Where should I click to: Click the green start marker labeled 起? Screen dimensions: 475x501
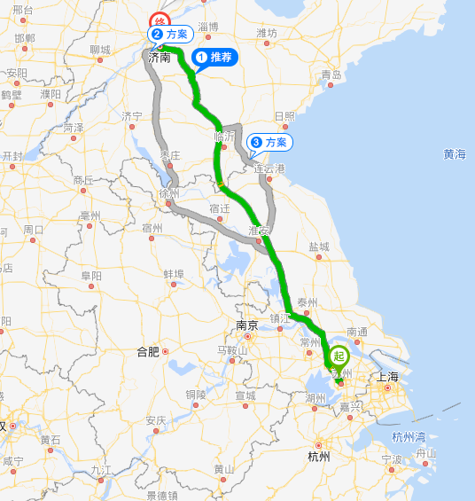coord(338,356)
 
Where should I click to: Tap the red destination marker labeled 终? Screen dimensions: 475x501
coord(160,21)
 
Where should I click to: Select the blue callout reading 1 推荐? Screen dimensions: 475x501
coord(215,58)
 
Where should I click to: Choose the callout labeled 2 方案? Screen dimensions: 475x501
coord(171,34)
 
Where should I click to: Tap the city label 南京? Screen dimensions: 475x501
coord(247,325)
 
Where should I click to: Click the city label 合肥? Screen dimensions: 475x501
coord(148,352)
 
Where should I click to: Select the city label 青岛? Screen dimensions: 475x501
coord(331,74)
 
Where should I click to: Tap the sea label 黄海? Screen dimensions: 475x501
coord(455,154)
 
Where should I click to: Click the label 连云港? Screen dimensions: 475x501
coord(269,168)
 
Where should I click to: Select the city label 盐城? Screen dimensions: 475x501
coord(318,247)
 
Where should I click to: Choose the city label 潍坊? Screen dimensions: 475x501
coord(267,33)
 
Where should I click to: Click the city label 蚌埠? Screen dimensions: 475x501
coord(173,274)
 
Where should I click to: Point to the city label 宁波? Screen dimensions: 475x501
coord(392,459)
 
